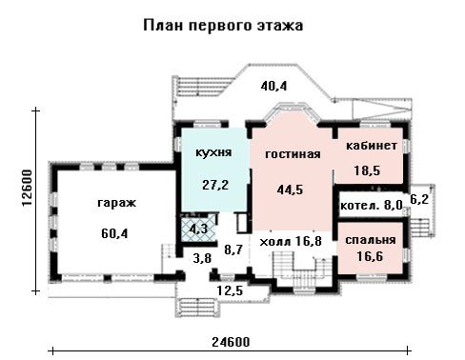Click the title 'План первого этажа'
point(223,26)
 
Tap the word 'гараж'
point(116,203)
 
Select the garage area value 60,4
point(114,233)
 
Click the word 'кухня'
point(213,152)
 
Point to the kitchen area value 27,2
point(215,185)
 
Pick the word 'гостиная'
point(293,154)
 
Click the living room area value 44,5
point(290,190)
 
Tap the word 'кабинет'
point(372,146)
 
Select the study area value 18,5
point(367,170)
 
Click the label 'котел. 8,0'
point(371,206)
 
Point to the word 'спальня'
point(371,240)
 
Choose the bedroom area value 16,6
point(370,256)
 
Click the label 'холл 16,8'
point(291,242)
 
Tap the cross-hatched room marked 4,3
point(198,229)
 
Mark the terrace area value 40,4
point(273,86)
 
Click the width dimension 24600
point(231,342)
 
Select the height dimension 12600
point(28,189)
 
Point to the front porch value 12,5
point(230,290)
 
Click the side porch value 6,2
point(419,200)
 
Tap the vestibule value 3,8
point(202,258)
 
